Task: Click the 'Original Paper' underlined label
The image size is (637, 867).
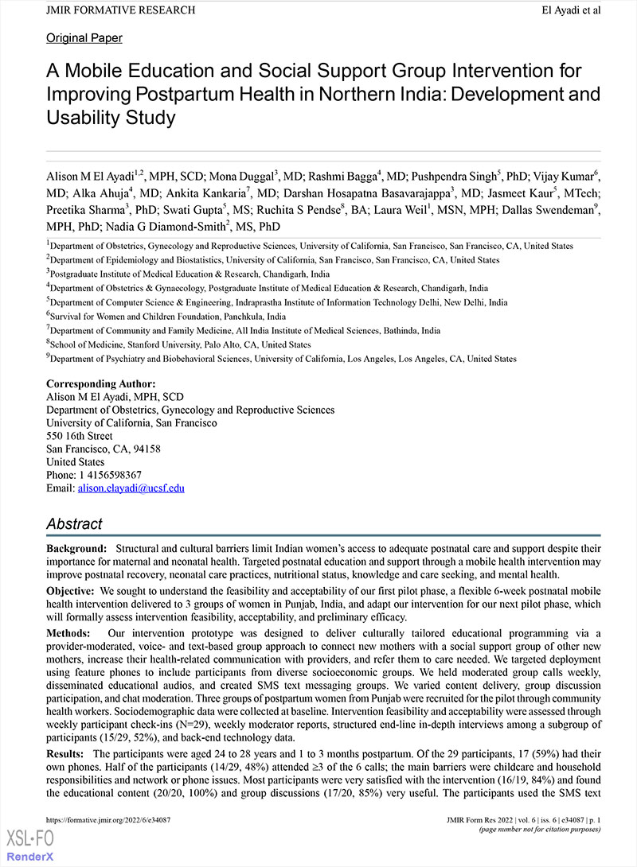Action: tap(84, 37)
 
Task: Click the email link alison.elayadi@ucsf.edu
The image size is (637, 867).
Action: tap(131, 488)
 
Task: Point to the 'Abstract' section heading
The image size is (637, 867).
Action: tap(74, 524)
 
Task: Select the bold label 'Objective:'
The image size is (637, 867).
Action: tap(72, 592)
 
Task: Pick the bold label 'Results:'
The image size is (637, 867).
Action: tap(67, 753)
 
